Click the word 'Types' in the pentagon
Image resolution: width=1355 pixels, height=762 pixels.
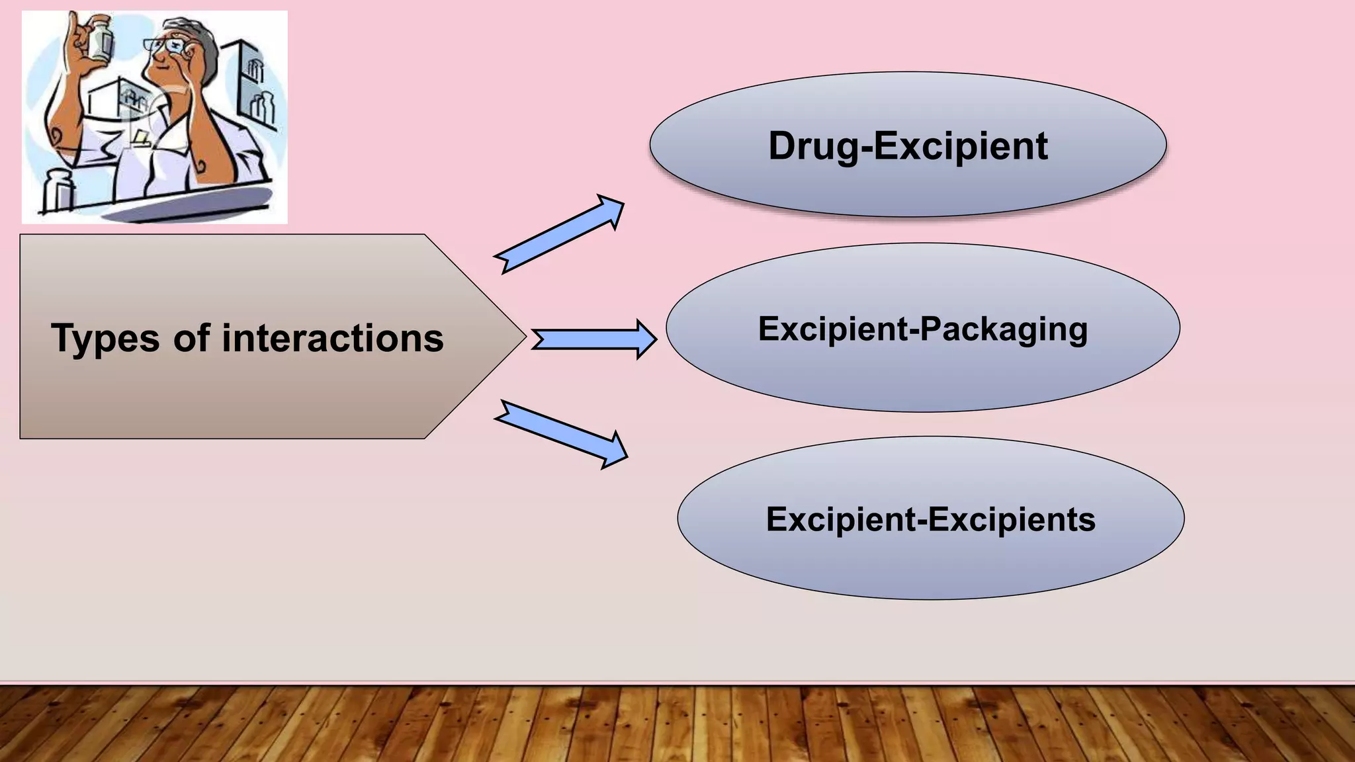point(105,339)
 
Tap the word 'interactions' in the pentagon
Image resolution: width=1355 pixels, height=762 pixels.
point(332,339)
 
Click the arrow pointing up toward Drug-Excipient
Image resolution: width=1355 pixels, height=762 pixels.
point(560,234)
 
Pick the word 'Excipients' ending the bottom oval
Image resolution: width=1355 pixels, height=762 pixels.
point(1012,519)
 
